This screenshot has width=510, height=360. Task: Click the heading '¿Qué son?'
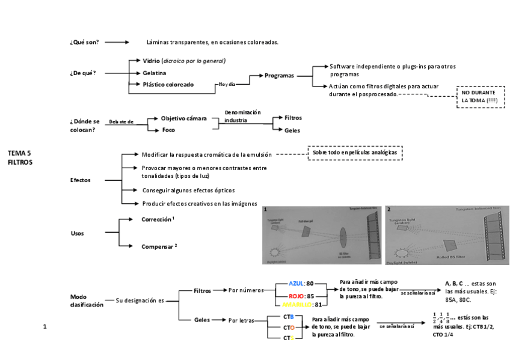click(84, 42)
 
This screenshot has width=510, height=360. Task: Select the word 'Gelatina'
click(155, 73)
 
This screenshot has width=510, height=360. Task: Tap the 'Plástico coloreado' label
click(168, 85)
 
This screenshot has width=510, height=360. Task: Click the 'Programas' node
click(280, 76)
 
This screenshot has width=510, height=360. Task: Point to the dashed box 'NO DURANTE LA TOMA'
click(480, 97)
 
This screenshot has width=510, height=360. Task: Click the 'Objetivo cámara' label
click(184, 118)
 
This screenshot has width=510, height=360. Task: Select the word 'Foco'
click(169, 130)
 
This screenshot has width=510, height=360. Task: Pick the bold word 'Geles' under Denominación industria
click(292, 130)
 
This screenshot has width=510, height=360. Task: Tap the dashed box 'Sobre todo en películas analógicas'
click(355, 153)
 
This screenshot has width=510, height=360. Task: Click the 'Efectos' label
click(81, 180)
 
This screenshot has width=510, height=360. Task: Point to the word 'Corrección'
click(157, 220)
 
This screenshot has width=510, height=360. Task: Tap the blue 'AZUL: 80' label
click(301, 284)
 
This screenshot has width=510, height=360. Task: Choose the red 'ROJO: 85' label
click(301, 296)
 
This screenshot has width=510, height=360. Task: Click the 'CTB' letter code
click(289, 317)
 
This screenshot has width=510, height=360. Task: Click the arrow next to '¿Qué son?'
click(118, 42)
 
